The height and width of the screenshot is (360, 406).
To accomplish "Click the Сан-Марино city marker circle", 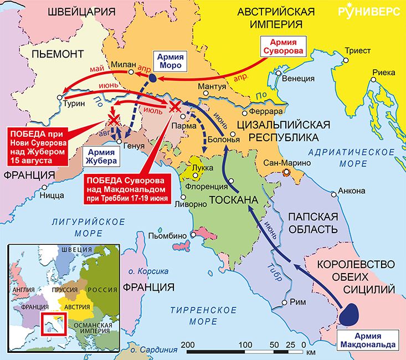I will coord(286,173).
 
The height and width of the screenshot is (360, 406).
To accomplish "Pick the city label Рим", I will coord(297,302).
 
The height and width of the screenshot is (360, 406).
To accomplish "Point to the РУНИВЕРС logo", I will coord(369,13).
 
